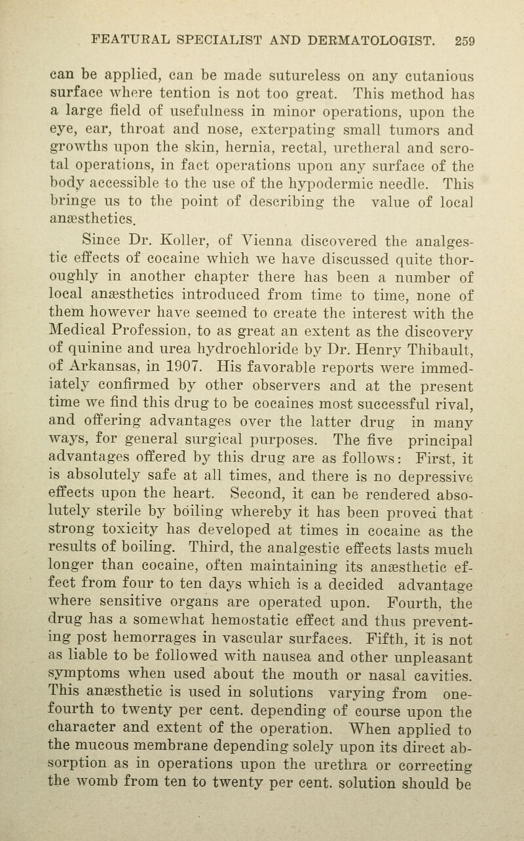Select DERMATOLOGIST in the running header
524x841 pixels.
(x=360, y=41)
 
